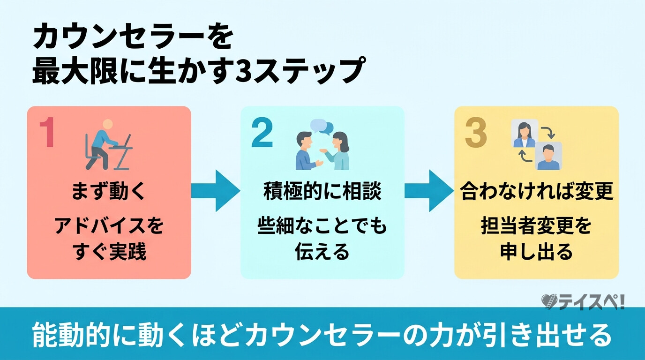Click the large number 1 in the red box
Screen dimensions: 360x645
click(x=47, y=133)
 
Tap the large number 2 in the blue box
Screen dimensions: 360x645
click(x=262, y=133)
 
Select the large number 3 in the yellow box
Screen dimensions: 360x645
click(x=476, y=133)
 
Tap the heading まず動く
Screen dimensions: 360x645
click(x=109, y=192)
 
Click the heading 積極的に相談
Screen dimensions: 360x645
click(x=322, y=192)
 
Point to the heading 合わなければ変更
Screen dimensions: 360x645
click(x=537, y=192)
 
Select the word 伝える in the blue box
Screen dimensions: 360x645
click(x=322, y=252)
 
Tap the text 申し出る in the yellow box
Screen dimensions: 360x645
click(x=536, y=252)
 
